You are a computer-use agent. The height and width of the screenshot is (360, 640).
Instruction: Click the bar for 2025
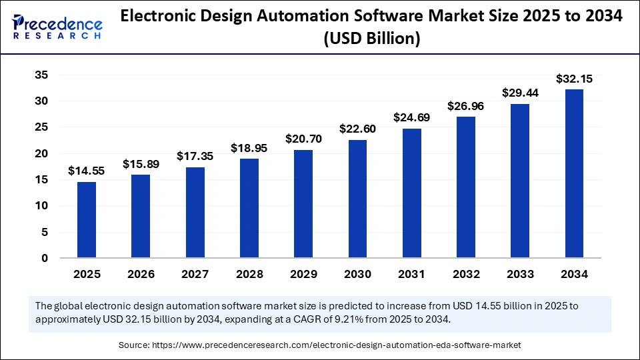tap(87, 219)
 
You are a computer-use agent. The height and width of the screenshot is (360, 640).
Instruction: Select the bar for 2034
tap(574, 173)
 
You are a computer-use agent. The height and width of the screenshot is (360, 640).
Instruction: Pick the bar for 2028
tap(249, 208)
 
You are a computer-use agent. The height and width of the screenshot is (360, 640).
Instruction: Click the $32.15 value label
tap(574, 79)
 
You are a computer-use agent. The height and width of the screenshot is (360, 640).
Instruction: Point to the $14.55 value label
tap(87, 171)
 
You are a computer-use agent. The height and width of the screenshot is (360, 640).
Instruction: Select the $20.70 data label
tap(303, 139)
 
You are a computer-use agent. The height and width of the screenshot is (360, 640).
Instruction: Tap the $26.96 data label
tap(466, 106)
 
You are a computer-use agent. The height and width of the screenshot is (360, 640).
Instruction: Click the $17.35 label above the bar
tap(195, 156)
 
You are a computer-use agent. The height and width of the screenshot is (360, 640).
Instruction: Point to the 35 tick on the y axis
tap(41, 75)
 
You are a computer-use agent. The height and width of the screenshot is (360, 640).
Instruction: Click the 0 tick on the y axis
tap(45, 258)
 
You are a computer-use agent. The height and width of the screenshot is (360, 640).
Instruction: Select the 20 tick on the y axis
tap(41, 153)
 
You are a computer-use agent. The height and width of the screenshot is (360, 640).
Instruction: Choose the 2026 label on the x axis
tap(141, 274)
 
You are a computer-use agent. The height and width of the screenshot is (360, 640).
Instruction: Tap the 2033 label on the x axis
tap(520, 274)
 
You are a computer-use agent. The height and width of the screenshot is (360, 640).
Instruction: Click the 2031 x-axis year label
tap(411, 274)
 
